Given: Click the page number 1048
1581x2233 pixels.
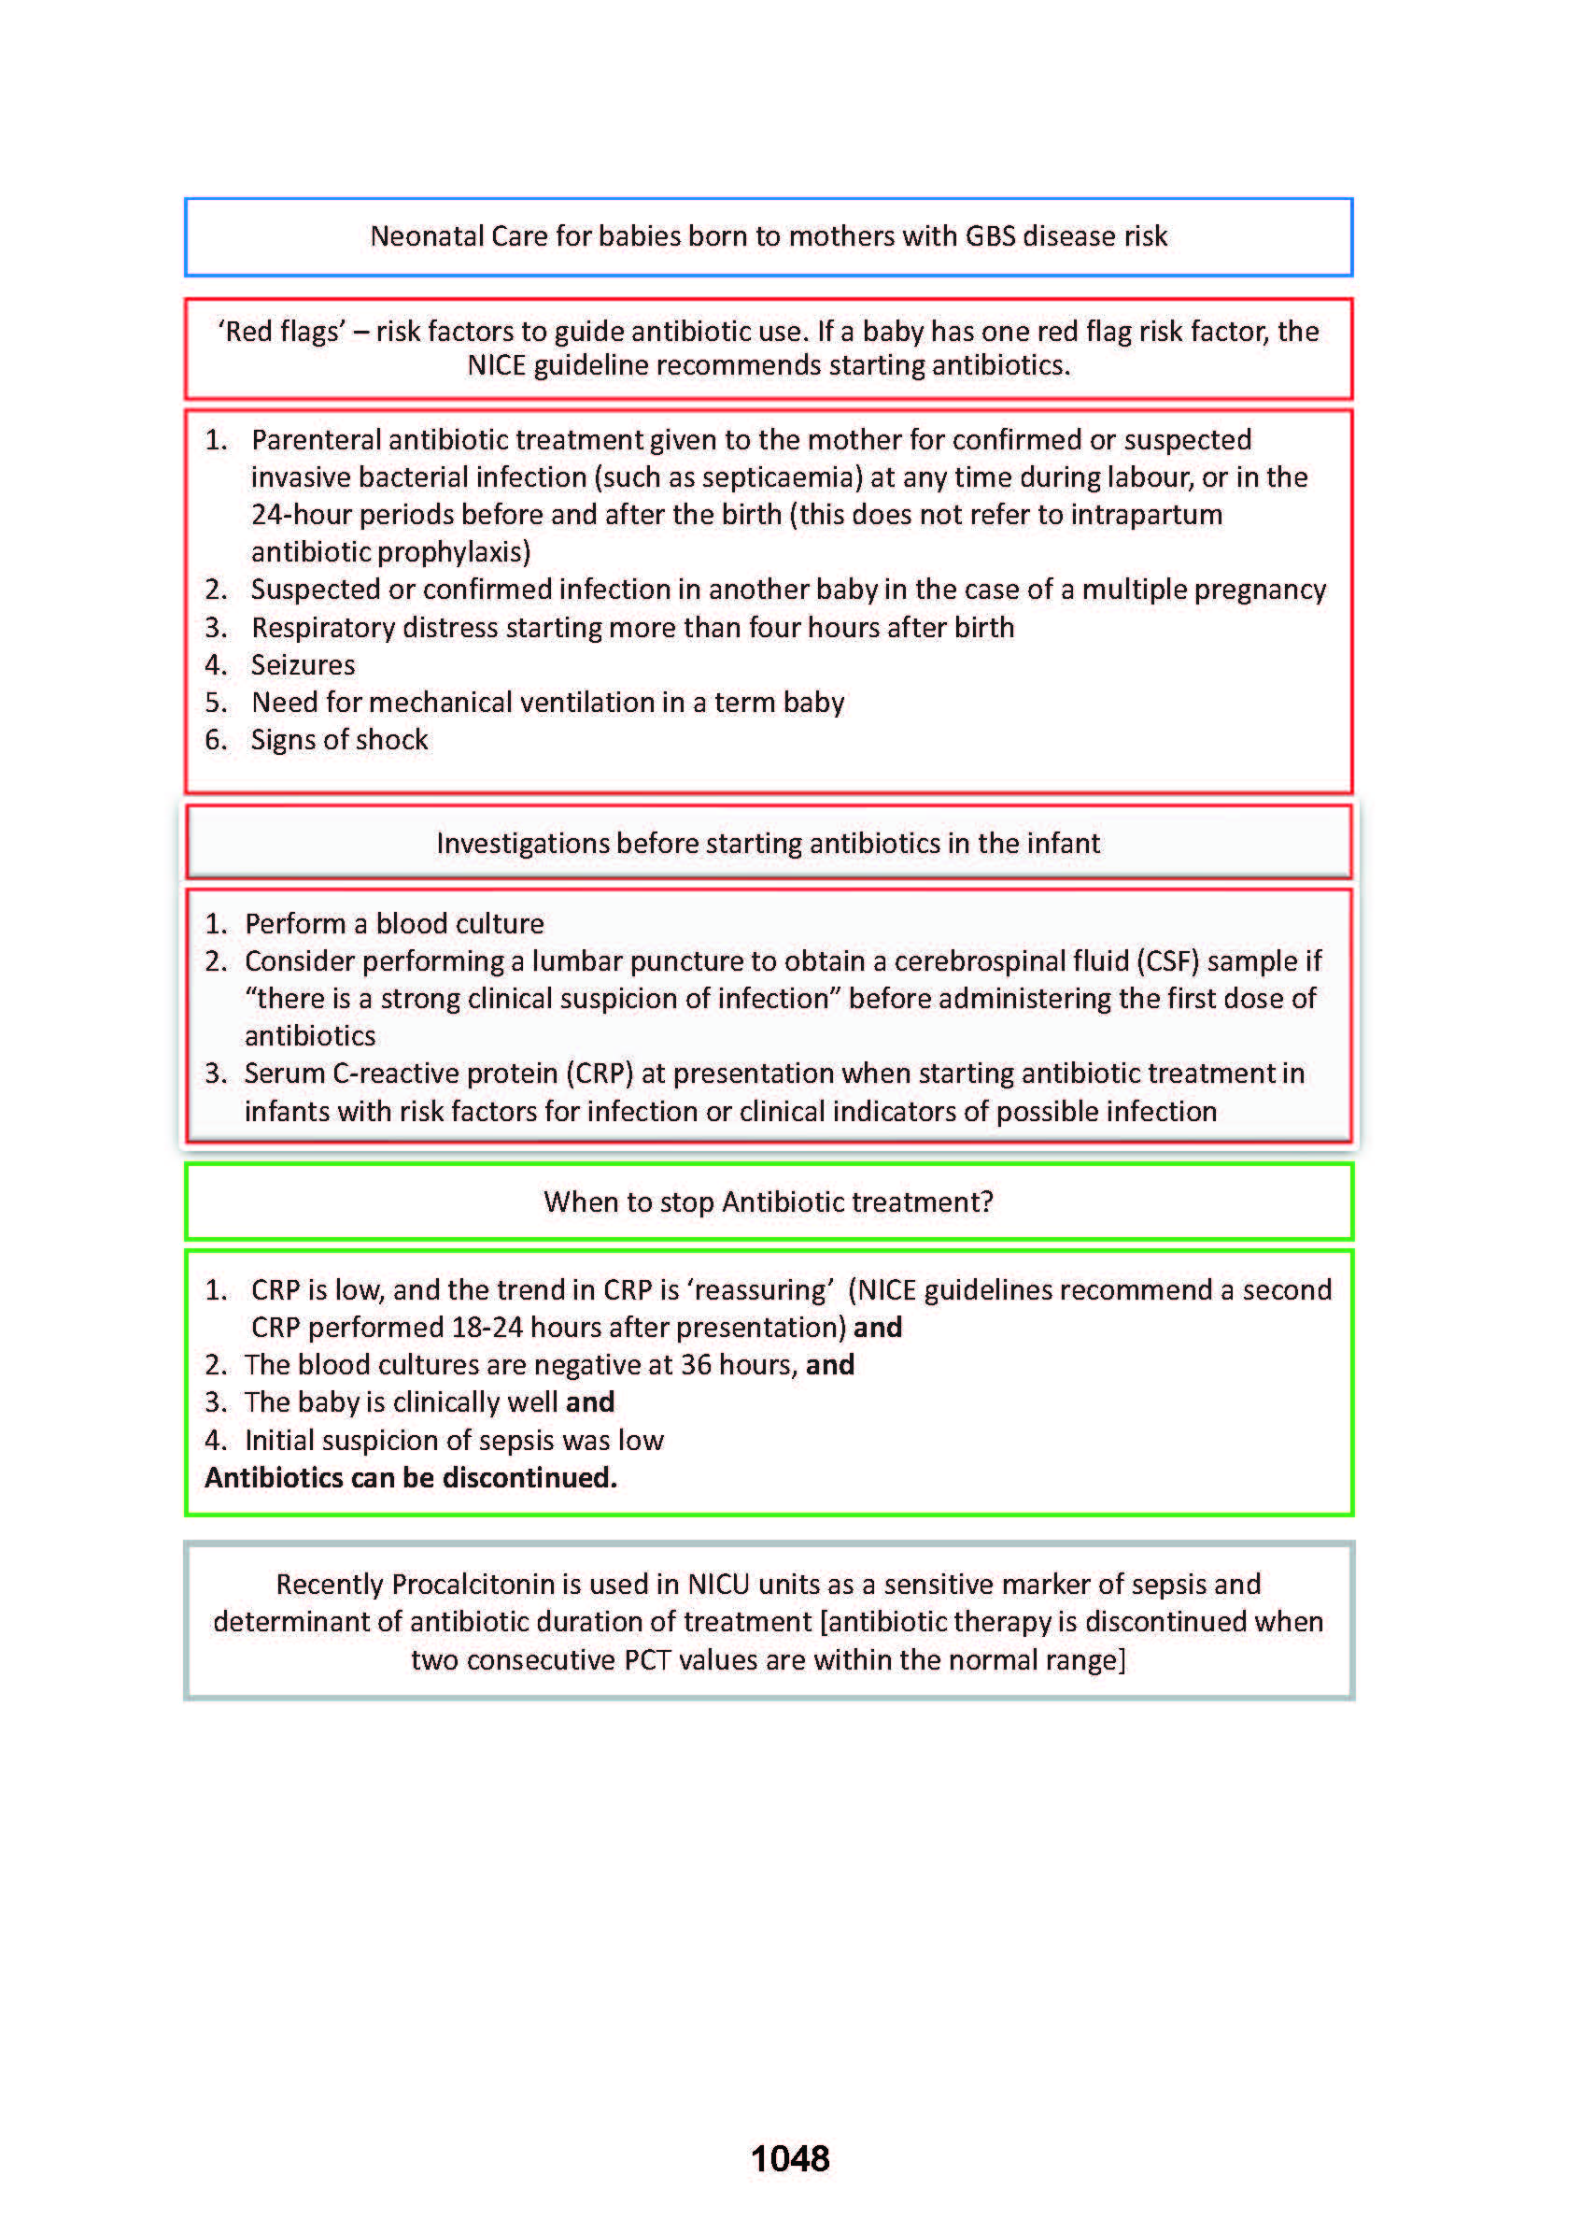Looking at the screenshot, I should point(789,2159).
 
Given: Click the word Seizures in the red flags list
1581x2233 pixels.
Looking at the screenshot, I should point(303,665).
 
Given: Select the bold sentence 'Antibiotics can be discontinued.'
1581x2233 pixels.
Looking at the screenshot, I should point(411,1478).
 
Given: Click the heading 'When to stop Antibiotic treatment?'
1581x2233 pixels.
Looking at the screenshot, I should point(769,1202).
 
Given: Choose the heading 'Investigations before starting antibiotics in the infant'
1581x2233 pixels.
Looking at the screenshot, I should point(769,844).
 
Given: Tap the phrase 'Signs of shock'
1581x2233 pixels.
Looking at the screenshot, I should point(339,740).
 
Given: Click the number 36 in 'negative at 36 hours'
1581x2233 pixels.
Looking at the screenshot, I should point(696,1365).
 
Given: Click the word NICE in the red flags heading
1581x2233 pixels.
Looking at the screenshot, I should point(497,365).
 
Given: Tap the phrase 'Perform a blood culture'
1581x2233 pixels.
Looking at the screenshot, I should point(394,923).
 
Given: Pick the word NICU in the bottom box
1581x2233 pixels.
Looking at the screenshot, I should point(718,1585).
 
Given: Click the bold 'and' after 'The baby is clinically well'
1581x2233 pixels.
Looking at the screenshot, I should point(590,1402).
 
